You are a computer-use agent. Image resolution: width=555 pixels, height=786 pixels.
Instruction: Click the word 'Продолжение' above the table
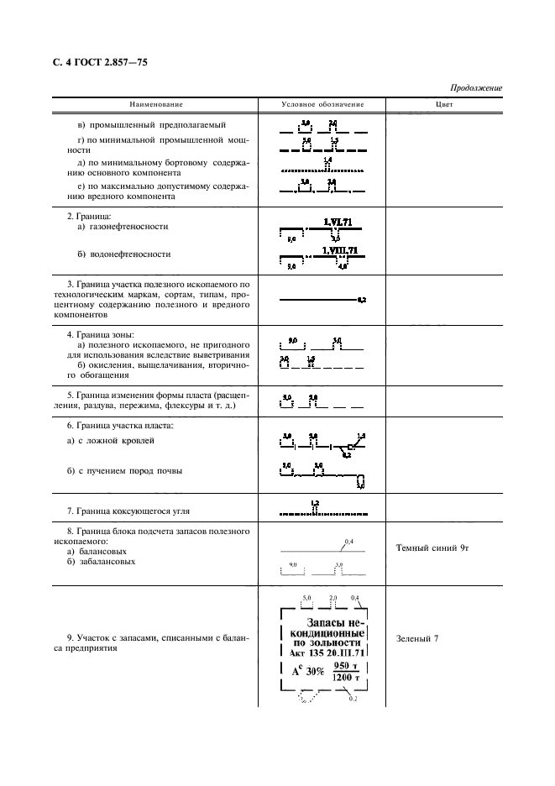pos(477,87)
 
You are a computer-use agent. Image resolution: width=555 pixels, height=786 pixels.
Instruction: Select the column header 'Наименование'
pos(156,104)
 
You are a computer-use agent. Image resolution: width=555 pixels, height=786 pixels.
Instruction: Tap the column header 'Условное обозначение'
pos(322,104)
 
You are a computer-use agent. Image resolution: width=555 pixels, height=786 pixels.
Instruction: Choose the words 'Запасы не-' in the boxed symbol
pos(327,622)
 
